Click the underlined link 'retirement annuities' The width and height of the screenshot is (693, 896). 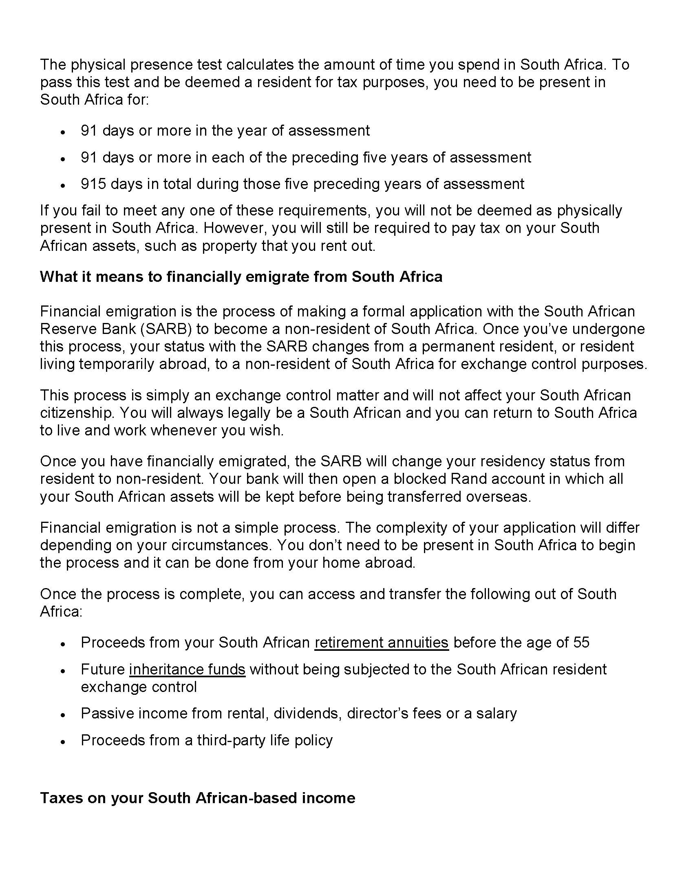pyautogui.click(x=382, y=642)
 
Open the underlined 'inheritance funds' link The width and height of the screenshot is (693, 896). pyautogui.click(x=187, y=669)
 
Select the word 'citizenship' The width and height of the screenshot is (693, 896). pyautogui.click(x=76, y=413)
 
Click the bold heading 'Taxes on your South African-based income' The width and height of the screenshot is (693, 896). pyautogui.click(x=197, y=798)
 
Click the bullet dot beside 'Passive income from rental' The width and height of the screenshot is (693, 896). pyautogui.click(x=63, y=714)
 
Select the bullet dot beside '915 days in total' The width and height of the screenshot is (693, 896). pyautogui.click(x=63, y=185)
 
